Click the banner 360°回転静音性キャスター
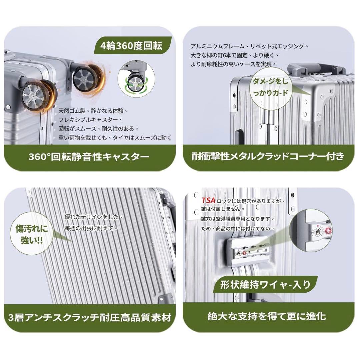coord(89,156)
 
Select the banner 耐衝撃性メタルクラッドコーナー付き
coord(268,156)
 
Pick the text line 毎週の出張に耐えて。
coord(91,228)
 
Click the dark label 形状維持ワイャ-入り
coord(265,285)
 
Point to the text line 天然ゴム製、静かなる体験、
coord(93,110)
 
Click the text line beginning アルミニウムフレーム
coord(249,46)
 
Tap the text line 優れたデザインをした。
coord(94,217)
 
